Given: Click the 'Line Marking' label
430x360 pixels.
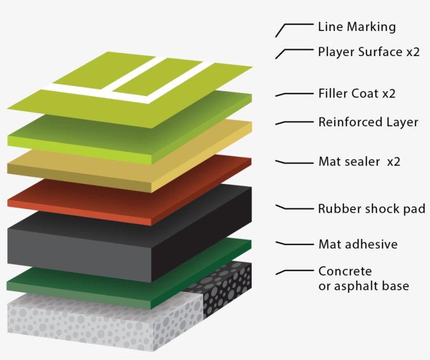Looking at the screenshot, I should pos(357,26).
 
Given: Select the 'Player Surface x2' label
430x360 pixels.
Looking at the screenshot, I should pos(369,52).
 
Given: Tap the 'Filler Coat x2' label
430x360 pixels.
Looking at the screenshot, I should pos(357,94).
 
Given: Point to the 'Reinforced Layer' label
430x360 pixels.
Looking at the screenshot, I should pos(368,122).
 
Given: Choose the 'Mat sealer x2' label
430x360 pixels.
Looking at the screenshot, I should pos(359,162).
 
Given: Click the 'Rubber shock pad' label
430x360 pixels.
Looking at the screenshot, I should pos(371,209).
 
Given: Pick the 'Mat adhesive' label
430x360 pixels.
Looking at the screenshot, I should pos(358,244).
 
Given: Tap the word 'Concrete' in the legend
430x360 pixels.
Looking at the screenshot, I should pos(345,271).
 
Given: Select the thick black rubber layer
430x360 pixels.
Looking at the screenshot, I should pos(105,246).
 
